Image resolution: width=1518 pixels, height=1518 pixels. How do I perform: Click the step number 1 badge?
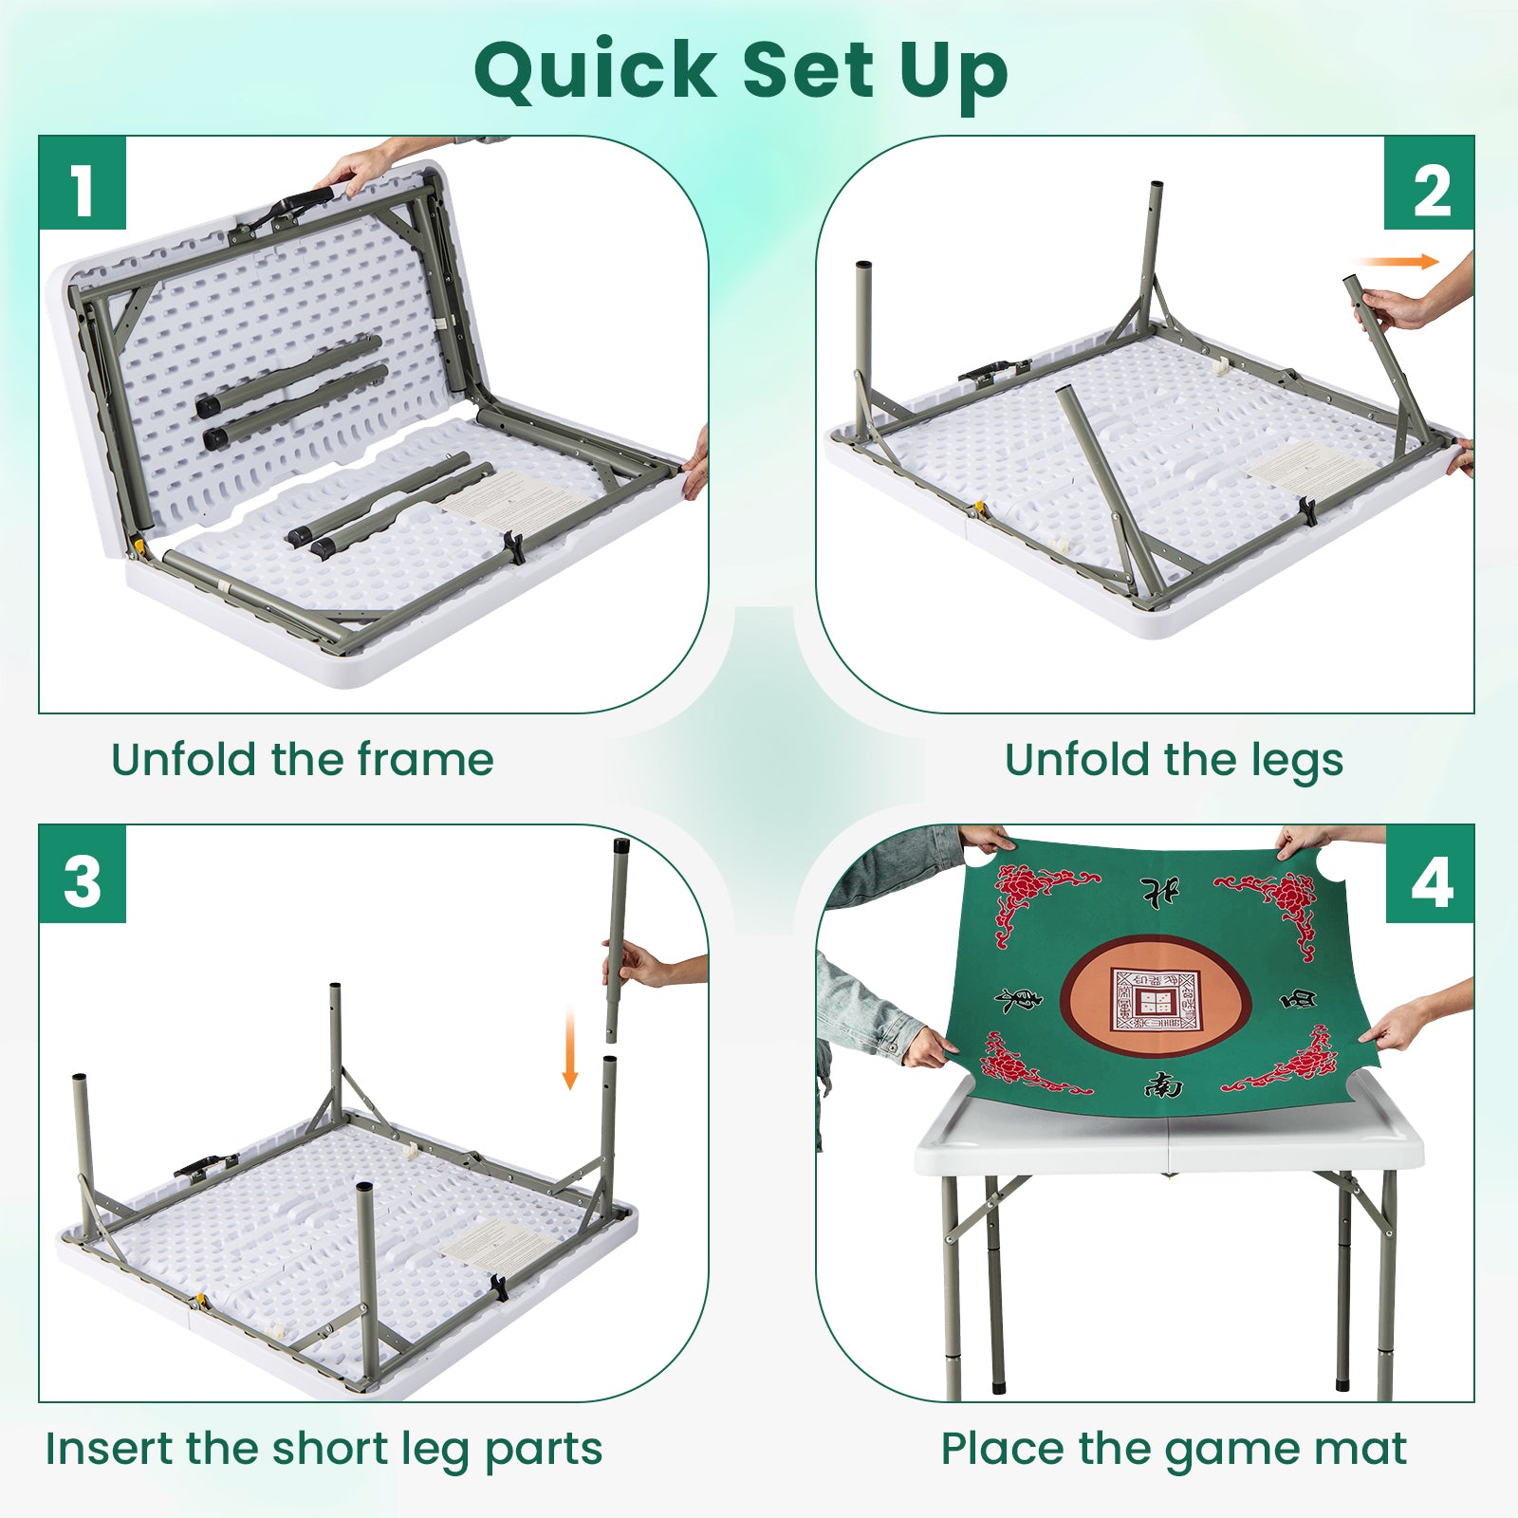(83, 184)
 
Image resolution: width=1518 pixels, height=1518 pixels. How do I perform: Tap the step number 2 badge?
(1430, 184)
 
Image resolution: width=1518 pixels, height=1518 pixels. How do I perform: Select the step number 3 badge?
(83, 875)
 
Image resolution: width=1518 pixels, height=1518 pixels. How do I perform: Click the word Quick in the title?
(596, 72)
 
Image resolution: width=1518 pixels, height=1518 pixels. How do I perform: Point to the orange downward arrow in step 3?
(570, 1049)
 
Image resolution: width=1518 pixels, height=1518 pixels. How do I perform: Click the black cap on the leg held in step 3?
(621, 844)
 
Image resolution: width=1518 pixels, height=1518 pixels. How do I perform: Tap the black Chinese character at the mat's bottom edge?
(1163, 1084)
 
